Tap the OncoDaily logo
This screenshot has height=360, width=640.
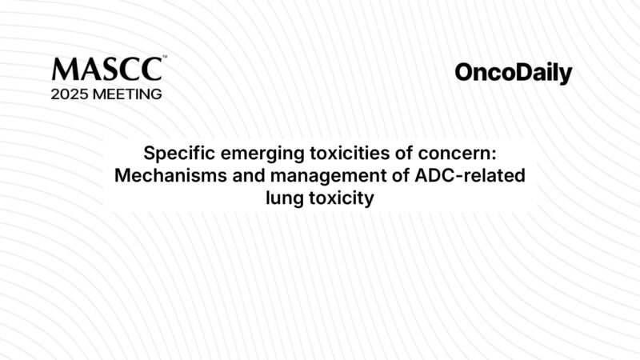(x=513, y=74)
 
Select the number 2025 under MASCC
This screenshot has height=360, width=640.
(x=71, y=94)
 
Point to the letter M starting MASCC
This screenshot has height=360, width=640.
(x=63, y=68)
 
